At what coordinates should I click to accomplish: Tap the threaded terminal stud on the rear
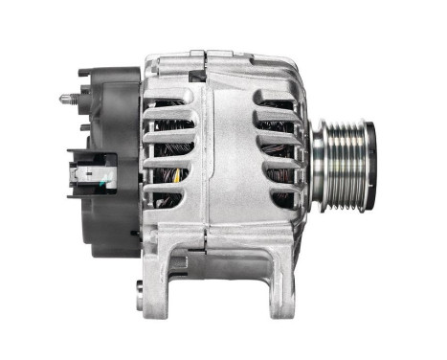pos(66,97)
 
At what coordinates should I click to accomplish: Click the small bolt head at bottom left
pos(142,286)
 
